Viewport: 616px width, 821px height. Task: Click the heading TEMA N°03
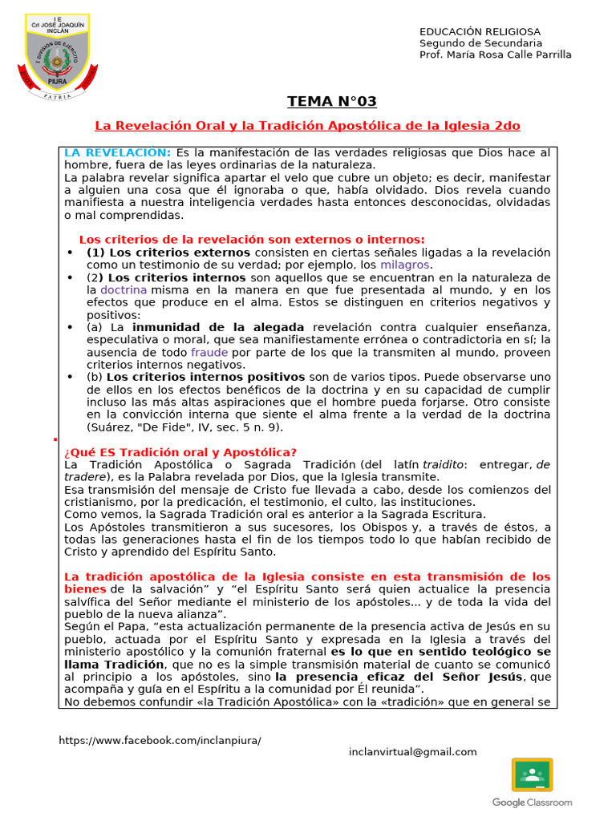click(332, 101)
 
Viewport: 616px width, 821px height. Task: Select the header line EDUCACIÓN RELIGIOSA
click(480, 31)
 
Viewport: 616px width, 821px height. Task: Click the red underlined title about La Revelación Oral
click(308, 126)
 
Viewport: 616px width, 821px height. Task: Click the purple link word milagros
click(405, 265)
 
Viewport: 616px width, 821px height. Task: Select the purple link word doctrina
click(124, 289)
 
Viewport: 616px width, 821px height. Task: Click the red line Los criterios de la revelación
click(252, 240)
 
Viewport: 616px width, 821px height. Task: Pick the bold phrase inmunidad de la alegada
click(218, 327)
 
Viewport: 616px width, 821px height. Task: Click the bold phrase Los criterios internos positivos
click(205, 377)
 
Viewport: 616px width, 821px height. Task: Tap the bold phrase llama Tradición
click(115, 665)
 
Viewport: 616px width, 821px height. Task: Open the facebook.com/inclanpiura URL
click(160, 740)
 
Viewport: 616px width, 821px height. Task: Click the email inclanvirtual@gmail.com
click(412, 752)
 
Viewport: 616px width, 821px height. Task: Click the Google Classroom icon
click(532, 775)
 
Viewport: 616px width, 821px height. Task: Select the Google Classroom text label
click(532, 803)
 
